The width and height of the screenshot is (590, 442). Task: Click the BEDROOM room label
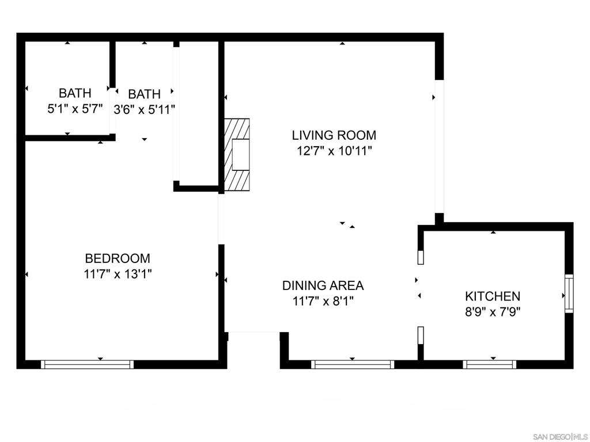(118, 258)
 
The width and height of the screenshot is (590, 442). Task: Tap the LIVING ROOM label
(334, 135)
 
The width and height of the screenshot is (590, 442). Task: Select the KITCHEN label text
(493, 296)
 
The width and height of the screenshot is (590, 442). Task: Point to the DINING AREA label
(323, 285)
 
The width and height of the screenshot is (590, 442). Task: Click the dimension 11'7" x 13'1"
(118, 274)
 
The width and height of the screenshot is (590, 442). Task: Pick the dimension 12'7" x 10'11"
(334, 151)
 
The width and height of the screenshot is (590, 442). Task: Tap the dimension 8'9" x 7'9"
(493, 312)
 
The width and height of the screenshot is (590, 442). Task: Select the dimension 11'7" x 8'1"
(323, 300)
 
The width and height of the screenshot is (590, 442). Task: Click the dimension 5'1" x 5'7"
(75, 108)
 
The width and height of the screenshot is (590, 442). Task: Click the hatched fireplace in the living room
(237, 154)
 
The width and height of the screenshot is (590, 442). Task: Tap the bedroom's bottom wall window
(88, 364)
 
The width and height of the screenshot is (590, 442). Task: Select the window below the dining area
(353, 364)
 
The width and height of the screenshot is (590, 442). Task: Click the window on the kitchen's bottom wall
(490, 364)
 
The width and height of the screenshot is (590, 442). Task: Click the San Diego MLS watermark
(558, 435)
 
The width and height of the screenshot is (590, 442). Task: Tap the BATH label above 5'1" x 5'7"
(75, 93)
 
